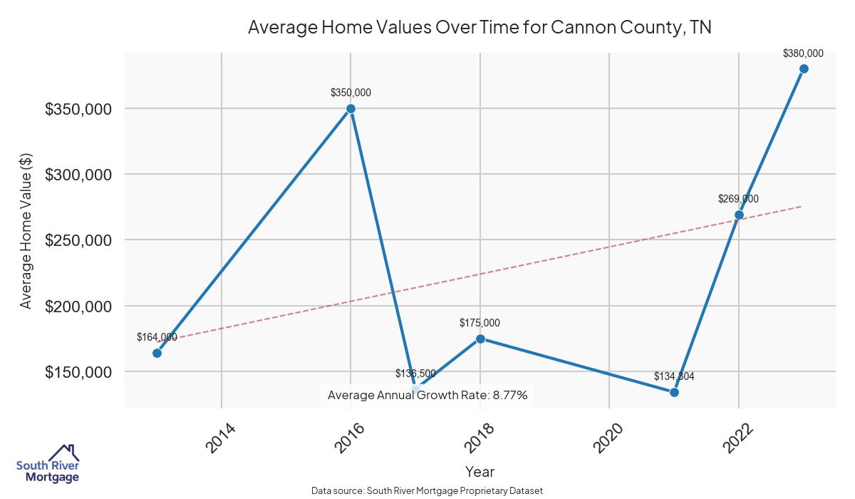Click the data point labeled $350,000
click(x=351, y=108)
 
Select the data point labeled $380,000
click(x=804, y=68)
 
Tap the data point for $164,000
click(x=157, y=353)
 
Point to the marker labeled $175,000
click(x=480, y=339)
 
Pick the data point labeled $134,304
click(x=674, y=392)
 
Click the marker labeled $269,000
click(x=739, y=215)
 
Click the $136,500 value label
click(x=415, y=374)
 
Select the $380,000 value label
click(x=803, y=53)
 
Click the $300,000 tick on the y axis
click(x=78, y=175)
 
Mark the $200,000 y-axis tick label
click(x=78, y=307)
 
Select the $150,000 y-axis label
click(x=78, y=372)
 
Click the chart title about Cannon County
click(x=480, y=28)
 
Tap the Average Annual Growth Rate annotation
click(x=427, y=395)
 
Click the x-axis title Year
click(x=480, y=471)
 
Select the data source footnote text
click(x=427, y=490)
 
